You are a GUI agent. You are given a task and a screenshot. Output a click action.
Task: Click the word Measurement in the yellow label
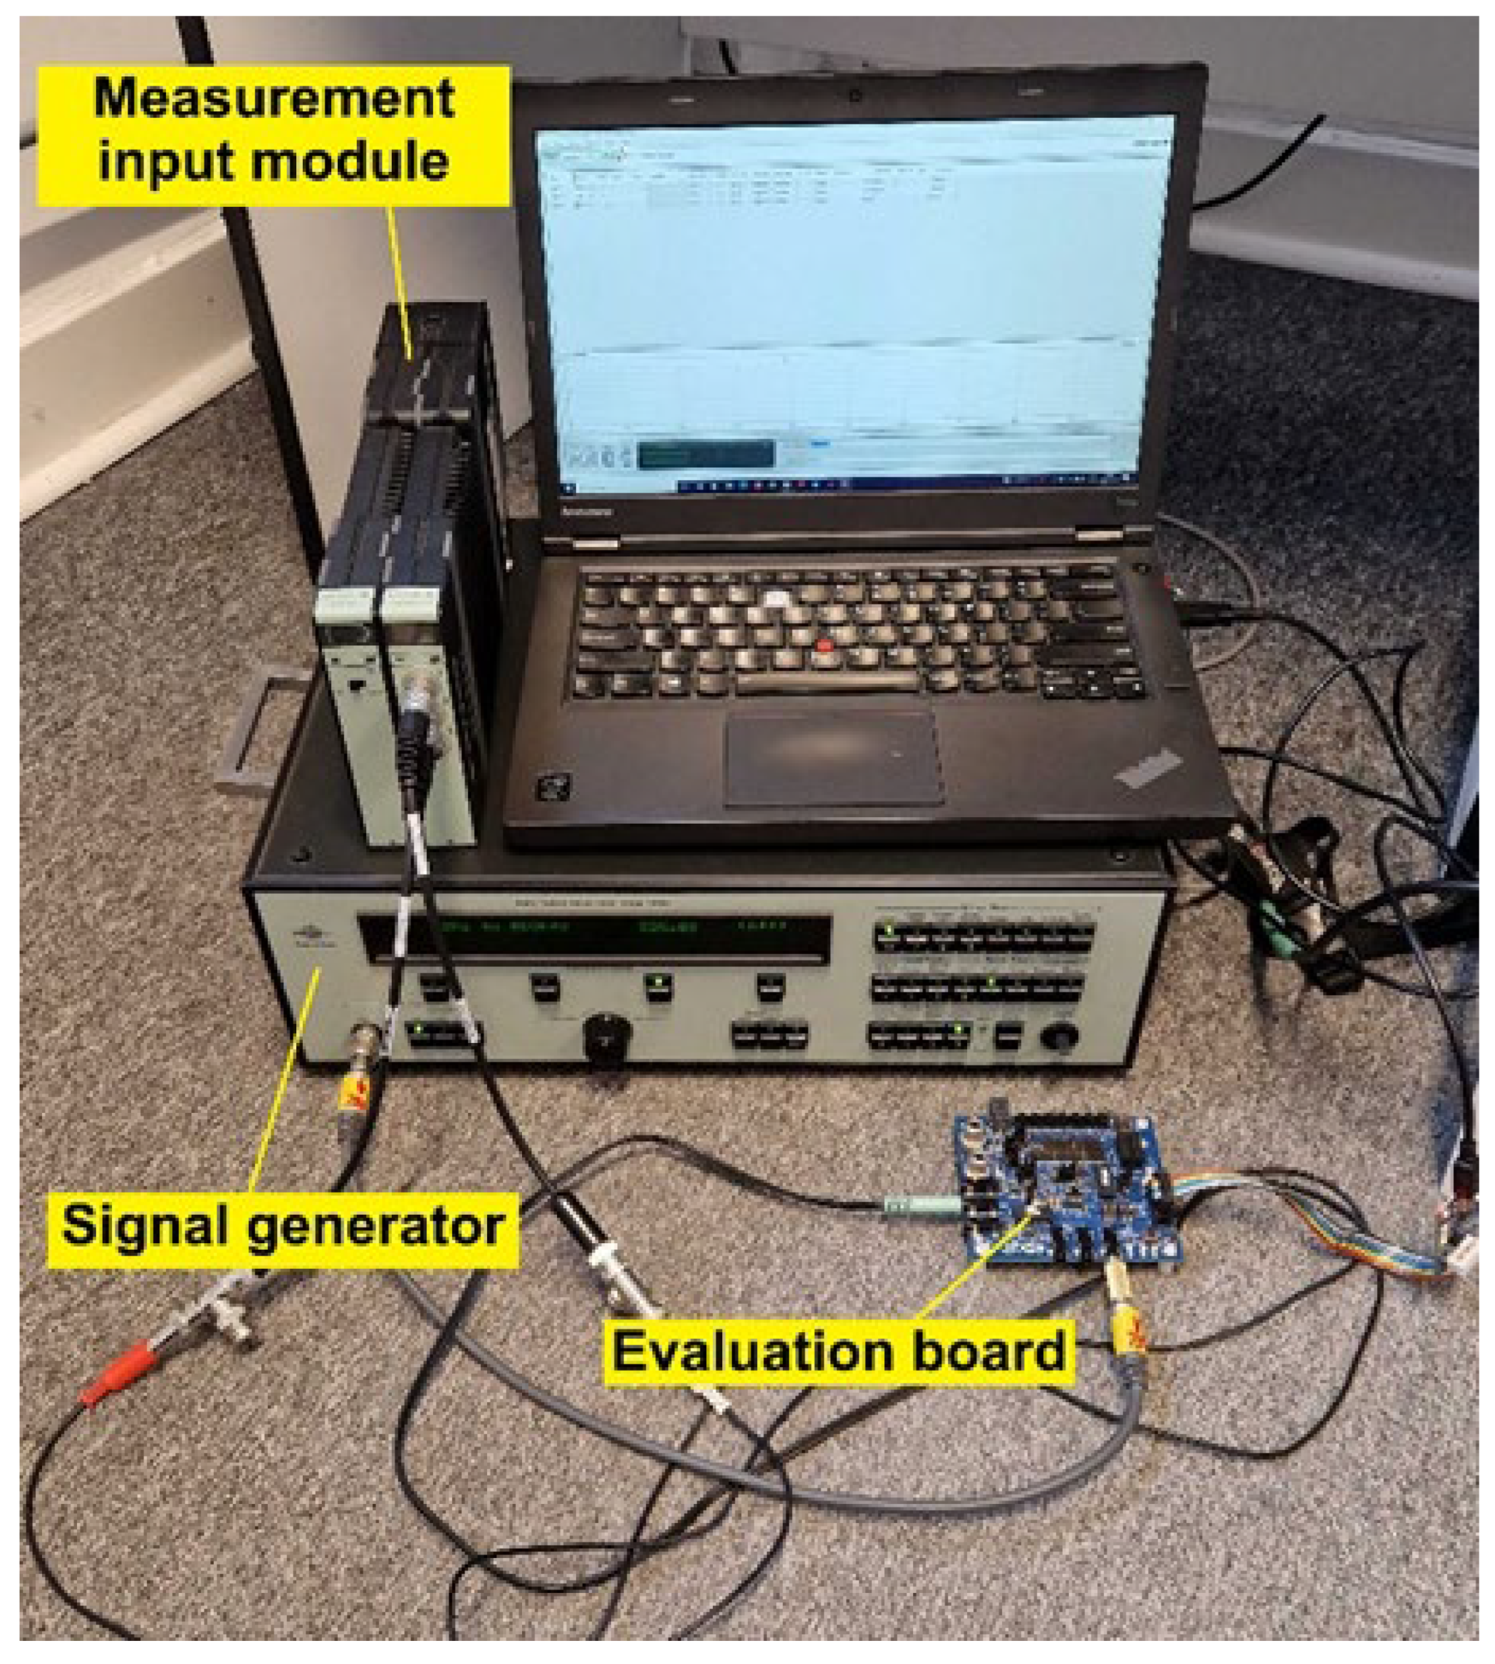point(274,100)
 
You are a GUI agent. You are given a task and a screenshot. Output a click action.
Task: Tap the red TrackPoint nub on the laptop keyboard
point(824,646)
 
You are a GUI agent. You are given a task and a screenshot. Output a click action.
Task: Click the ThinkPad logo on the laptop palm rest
point(1150,769)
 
